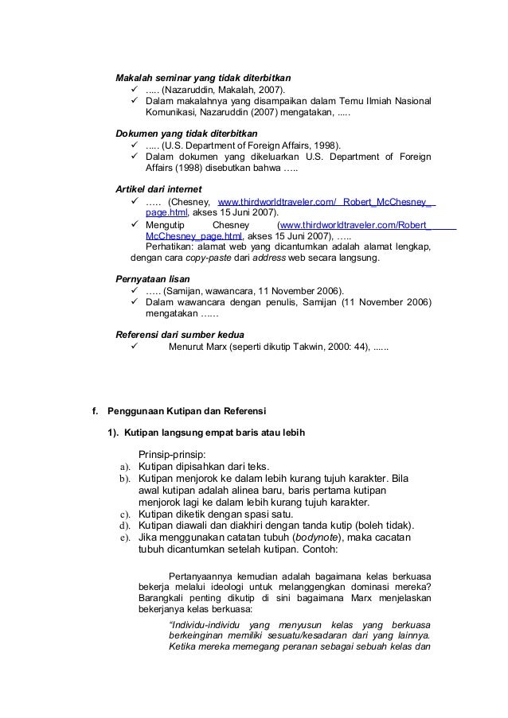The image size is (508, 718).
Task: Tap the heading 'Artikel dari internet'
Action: pyautogui.click(x=159, y=189)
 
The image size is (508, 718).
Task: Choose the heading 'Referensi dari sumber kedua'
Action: pyautogui.click(x=180, y=333)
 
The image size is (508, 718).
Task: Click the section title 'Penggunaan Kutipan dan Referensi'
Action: pyautogui.click(x=187, y=411)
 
